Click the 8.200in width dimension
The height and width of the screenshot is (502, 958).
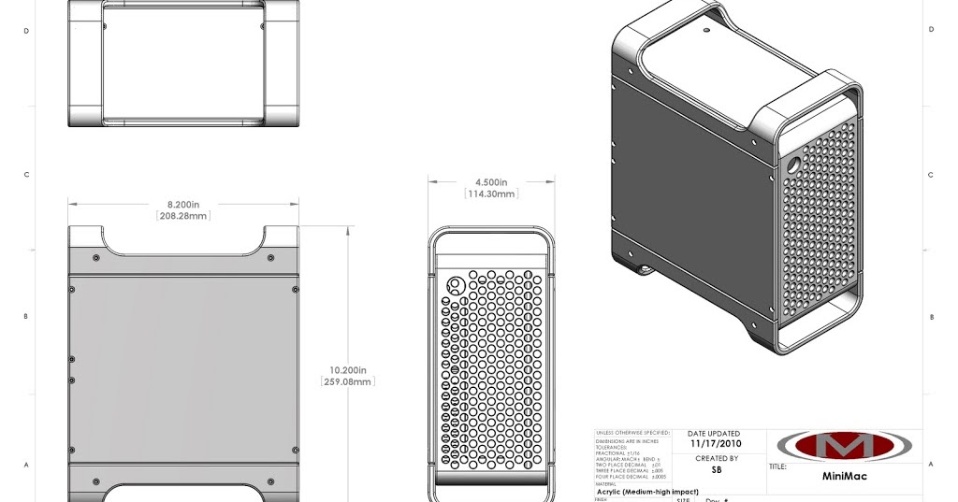[x=182, y=203]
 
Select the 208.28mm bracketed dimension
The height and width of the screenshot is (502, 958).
[x=182, y=216]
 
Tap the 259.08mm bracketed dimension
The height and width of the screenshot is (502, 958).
[x=347, y=381]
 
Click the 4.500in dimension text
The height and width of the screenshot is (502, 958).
[x=491, y=182]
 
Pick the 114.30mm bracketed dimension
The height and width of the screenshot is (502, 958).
[x=491, y=194]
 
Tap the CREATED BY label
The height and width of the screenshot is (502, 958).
[x=717, y=458]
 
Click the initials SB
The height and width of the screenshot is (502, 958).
[x=717, y=470]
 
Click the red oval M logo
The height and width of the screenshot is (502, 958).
[x=844, y=445]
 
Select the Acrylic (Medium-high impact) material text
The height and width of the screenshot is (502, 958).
[x=648, y=492]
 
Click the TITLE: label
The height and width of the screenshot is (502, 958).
[x=778, y=466]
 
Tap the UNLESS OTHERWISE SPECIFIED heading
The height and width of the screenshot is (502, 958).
[x=632, y=434]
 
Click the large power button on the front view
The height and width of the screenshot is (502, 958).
[x=456, y=285]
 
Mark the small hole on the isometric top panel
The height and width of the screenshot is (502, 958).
[x=706, y=30]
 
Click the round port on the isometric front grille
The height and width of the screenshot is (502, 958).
[x=793, y=163]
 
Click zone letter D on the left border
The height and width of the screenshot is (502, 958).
[x=26, y=30]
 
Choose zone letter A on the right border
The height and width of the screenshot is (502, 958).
[x=931, y=464]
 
